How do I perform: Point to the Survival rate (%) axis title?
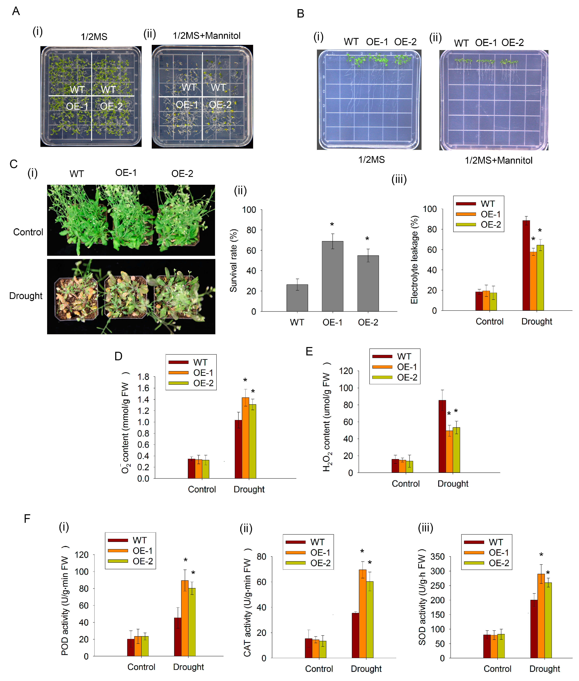(x=233, y=260)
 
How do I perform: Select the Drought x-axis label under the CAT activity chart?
(x=366, y=669)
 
